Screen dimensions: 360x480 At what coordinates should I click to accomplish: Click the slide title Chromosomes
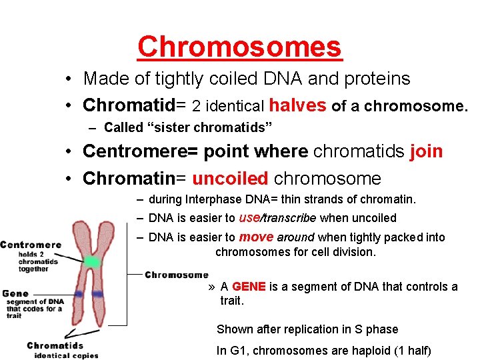click(x=239, y=47)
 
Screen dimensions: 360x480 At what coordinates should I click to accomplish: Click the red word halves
click(x=297, y=105)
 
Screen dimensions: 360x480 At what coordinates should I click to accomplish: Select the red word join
click(x=427, y=151)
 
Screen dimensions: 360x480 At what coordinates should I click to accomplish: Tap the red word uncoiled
click(x=231, y=179)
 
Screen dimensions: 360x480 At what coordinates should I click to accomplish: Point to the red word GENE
click(x=249, y=287)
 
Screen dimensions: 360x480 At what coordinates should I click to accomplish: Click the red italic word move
click(x=256, y=237)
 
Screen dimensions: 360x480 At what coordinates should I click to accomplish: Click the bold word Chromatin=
click(x=135, y=179)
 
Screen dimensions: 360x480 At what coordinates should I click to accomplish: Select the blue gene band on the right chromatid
click(x=98, y=293)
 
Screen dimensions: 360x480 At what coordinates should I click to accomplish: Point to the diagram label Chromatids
click(x=55, y=345)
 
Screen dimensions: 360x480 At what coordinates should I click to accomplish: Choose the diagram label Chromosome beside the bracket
click(x=176, y=275)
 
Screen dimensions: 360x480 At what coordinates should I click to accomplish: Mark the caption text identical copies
click(x=66, y=355)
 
